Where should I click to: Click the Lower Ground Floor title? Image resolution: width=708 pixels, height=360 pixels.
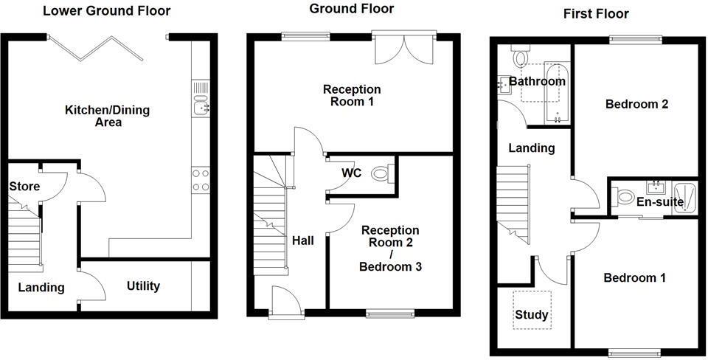coord(106,11)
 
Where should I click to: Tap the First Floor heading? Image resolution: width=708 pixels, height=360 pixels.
coord(596,13)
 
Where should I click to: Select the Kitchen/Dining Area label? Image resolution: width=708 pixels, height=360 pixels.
coord(108,116)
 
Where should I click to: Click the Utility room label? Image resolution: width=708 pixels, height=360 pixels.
coord(143,285)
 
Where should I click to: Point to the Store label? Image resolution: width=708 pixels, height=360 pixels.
coord(24,186)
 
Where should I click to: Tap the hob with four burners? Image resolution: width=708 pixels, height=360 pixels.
coord(201,180)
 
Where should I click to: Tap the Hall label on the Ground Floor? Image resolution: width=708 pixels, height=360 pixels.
coord(302,240)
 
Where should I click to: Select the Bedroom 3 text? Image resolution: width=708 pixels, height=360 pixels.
coord(390,266)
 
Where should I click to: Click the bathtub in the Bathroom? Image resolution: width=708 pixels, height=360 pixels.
coord(555,92)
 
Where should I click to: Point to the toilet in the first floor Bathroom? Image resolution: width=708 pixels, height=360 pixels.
coord(521,56)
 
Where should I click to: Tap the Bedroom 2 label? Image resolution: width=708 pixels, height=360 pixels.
coord(636,104)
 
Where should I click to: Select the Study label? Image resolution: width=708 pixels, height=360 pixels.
coord(531,315)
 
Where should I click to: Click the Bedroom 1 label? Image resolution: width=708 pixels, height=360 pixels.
coord(634,277)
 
